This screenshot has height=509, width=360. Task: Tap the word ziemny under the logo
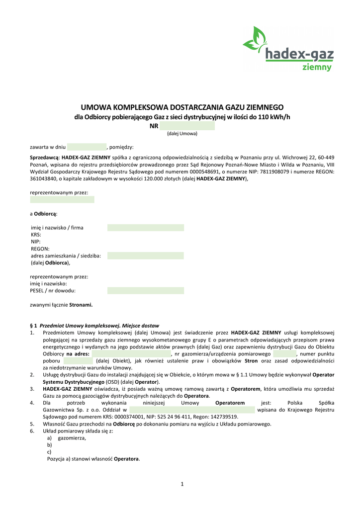point(317,67)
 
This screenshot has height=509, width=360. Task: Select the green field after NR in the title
point(187,126)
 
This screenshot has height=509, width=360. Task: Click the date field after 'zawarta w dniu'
point(87,147)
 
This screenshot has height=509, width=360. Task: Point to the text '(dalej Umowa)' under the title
point(182,134)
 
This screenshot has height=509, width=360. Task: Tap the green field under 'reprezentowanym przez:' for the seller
point(62,199)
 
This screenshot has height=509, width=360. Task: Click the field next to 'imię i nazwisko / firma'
point(145,228)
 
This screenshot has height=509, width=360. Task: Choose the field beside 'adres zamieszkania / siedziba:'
point(145,255)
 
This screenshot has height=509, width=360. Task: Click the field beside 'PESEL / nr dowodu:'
point(145,290)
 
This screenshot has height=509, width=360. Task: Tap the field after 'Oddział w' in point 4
point(192,410)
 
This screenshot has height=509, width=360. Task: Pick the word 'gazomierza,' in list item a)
point(72,438)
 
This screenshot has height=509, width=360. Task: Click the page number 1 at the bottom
point(182,484)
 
